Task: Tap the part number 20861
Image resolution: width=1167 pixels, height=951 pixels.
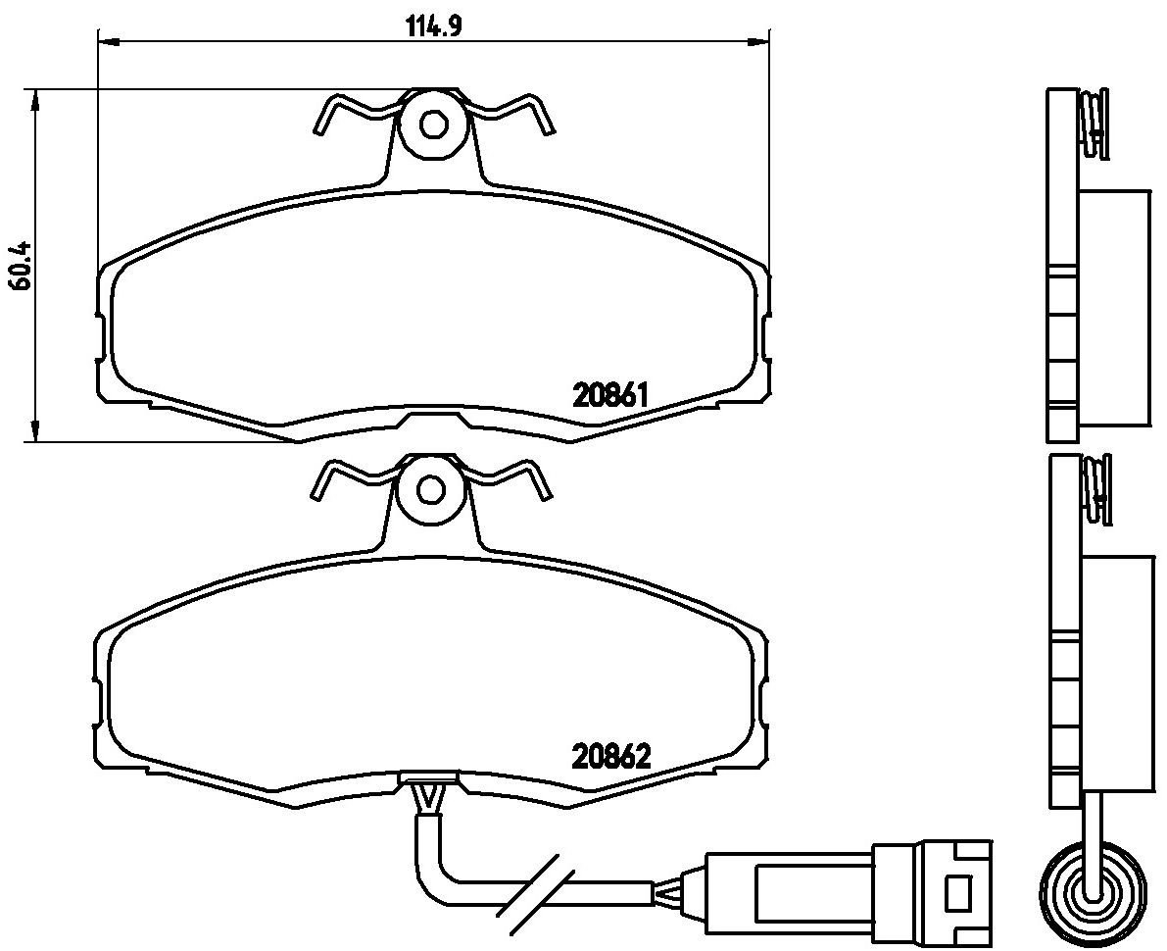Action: [x=611, y=395]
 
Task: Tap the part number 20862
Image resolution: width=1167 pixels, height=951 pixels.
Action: [x=611, y=758]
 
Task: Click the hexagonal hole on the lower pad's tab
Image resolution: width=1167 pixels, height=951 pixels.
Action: [x=431, y=488]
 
